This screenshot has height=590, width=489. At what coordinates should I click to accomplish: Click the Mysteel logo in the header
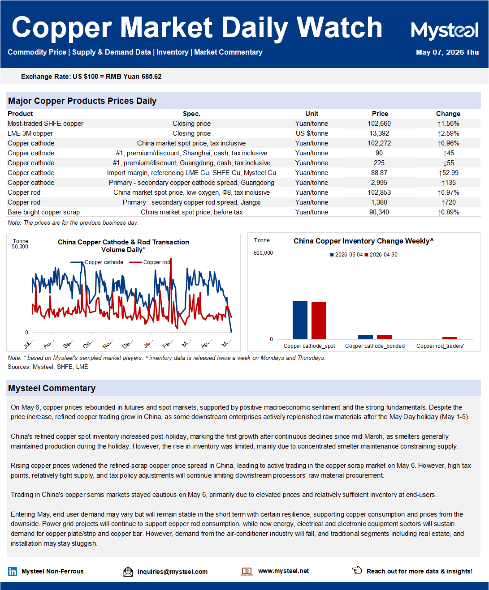click(445, 30)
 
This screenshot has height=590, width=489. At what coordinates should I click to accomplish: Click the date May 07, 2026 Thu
click(447, 52)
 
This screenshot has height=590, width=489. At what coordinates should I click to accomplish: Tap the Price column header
click(380, 114)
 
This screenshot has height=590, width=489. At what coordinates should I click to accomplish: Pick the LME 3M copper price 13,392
click(379, 133)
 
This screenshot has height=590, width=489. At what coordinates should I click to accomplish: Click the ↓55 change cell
click(448, 163)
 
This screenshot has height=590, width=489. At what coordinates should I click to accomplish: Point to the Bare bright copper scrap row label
click(43, 212)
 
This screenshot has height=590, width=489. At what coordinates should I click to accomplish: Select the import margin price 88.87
click(379, 173)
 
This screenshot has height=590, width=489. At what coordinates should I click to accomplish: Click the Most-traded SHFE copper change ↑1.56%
click(448, 124)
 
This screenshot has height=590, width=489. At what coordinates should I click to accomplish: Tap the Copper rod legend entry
click(150, 262)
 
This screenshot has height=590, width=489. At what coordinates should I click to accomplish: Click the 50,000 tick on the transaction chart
click(20, 247)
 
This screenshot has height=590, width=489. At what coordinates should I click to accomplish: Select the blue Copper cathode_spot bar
click(300, 320)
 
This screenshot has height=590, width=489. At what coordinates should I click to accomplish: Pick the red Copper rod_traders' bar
click(450, 338)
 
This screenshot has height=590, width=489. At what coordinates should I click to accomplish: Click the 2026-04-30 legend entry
click(381, 255)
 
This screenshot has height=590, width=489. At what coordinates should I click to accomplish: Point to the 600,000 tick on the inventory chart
click(263, 253)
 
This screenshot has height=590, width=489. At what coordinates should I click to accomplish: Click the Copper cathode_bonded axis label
click(375, 346)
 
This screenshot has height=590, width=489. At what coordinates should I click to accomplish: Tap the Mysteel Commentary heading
click(52, 388)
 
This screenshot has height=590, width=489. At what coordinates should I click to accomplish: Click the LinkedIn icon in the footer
click(13, 571)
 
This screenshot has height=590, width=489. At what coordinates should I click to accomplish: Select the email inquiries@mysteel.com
click(173, 572)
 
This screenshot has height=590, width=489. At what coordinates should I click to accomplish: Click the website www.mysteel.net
click(283, 571)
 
